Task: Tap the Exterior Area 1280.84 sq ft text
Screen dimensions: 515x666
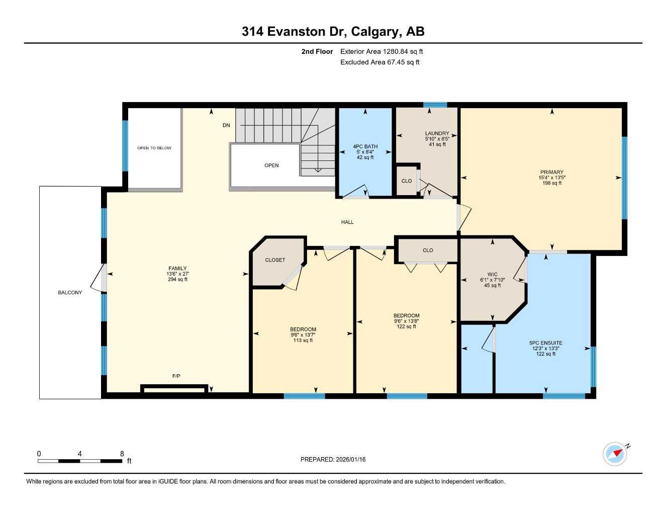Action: pyautogui.click(x=382, y=51)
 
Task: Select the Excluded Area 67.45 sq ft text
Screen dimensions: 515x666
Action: pyautogui.click(x=379, y=62)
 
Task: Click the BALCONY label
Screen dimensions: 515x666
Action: pyautogui.click(x=70, y=293)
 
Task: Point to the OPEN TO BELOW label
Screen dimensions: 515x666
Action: pyautogui.click(x=154, y=148)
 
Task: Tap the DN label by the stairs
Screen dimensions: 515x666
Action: pyautogui.click(x=226, y=125)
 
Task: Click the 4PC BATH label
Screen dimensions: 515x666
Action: pyautogui.click(x=365, y=147)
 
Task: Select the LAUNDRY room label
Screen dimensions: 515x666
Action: pyautogui.click(x=437, y=134)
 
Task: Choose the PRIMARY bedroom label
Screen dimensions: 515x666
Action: pyautogui.click(x=552, y=173)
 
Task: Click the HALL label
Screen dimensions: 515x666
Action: pyautogui.click(x=347, y=222)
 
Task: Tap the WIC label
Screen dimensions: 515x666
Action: pyautogui.click(x=492, y=275)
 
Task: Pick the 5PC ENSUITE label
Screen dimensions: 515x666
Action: pyautogui.click(x=545, y=343)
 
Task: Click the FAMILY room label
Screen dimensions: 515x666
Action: pyautogui.click(x=177, y=269)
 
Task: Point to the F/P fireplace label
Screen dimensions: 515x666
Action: pyautogui.click(x=176, y=376)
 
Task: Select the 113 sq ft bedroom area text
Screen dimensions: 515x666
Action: pyautogui.click(x=303, y=340)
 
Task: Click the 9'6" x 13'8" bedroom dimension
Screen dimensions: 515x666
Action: pyautogui.click(x=406, y=321)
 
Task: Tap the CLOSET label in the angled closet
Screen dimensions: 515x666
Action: pyautogui.click(x=275, y=260)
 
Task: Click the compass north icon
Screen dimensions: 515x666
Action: pyautogui.click(x=615, y=454)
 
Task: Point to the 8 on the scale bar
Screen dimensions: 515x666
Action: pyautogui.click(x=122, y=454)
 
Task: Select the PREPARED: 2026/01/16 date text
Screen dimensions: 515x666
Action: pyautogui.click(x=333, y=459)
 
